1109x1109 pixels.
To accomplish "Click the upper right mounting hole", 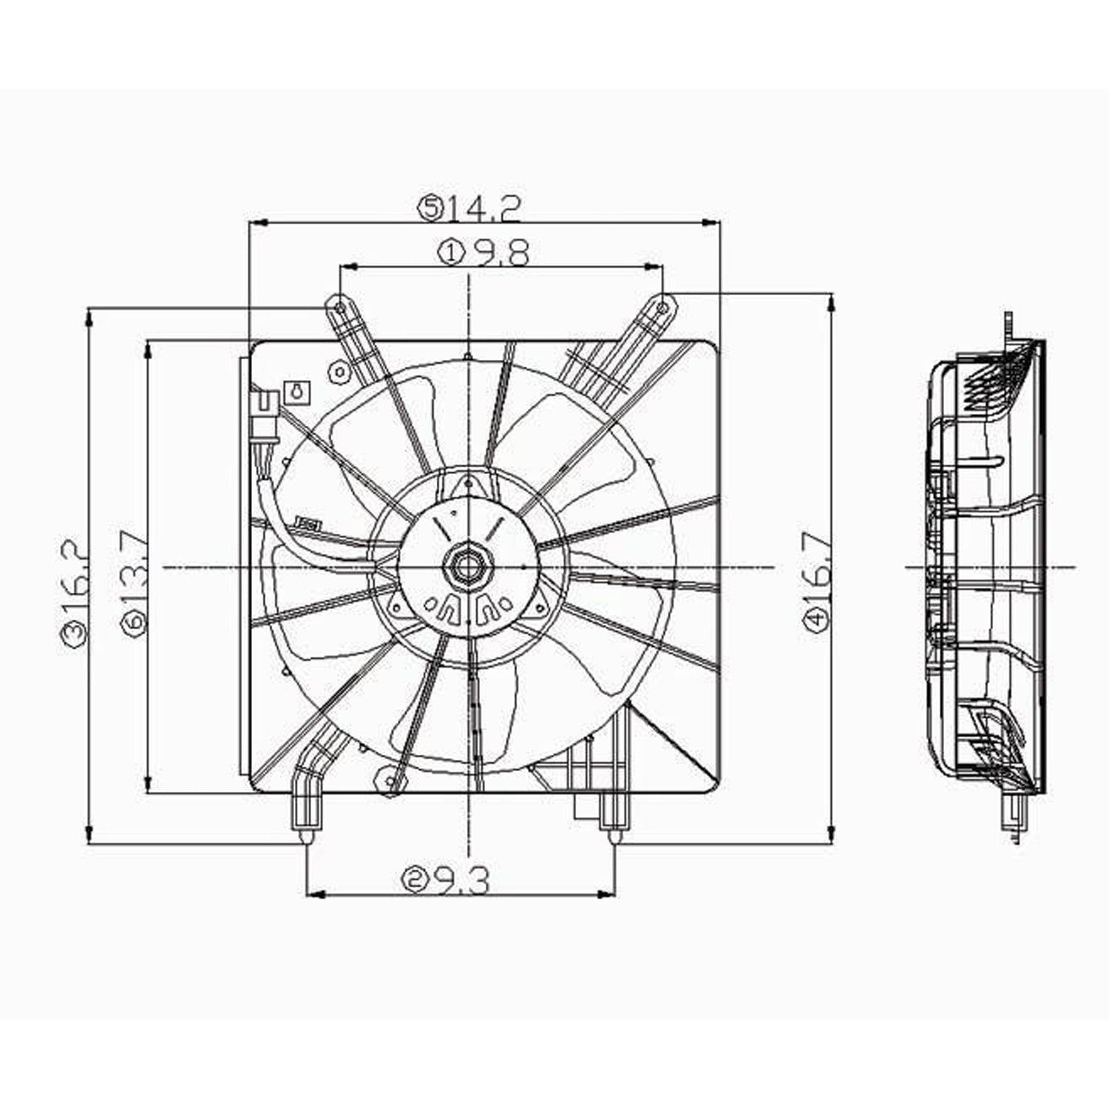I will [663, 304].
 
